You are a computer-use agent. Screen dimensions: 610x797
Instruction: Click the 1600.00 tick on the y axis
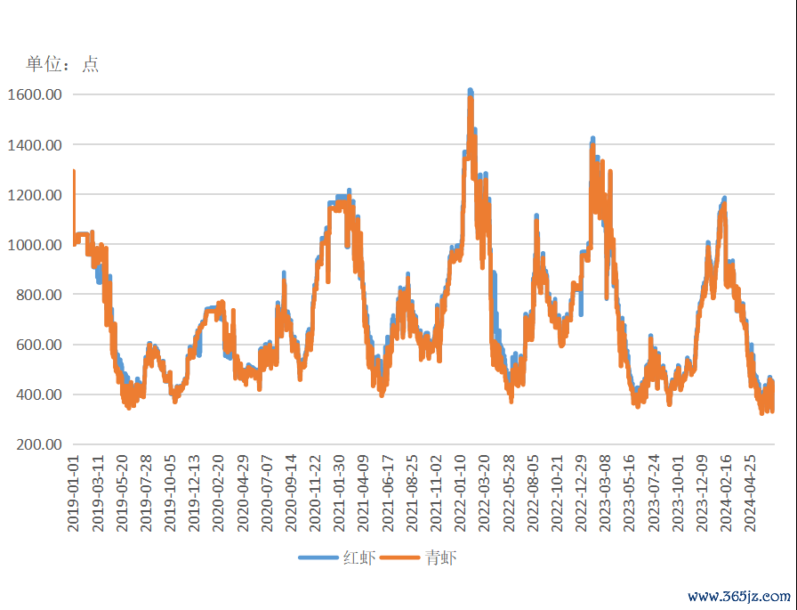[36, 94]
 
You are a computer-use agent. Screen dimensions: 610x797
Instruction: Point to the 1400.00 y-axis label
[36, 144]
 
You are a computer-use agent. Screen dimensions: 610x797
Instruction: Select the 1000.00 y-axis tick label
[36, 245]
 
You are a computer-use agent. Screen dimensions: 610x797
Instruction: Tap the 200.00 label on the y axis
[39, 444]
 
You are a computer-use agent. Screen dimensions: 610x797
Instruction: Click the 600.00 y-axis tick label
[39, 345]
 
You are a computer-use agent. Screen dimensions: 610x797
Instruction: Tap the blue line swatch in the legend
[318, 558]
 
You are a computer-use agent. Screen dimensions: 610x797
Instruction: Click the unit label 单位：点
[61, 64]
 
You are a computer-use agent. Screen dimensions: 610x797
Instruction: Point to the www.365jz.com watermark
[739, 597]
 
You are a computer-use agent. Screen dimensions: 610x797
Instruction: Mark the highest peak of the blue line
[471, 91]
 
